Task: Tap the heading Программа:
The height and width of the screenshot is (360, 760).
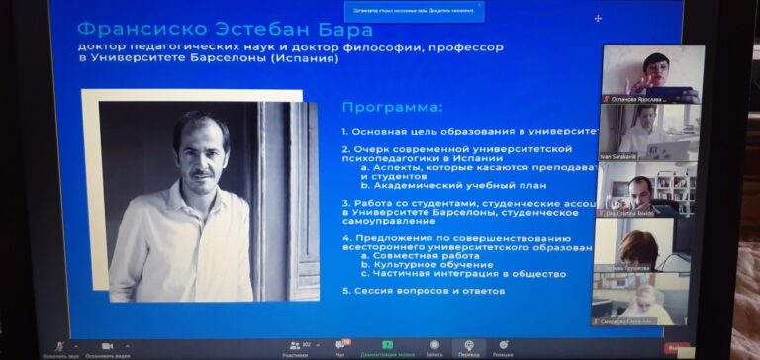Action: click(x=392, y=107)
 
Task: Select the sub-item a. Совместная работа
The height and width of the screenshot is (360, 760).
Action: click(x=426, y=255)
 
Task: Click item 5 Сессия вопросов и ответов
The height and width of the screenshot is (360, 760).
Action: click(x=424, y=291)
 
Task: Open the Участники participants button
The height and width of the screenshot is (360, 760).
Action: click(x=294, y=345)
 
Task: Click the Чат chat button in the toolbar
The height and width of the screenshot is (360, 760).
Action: click(x=340, y=345)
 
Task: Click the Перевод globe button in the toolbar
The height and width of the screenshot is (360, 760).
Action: click(x=468, y=345)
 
